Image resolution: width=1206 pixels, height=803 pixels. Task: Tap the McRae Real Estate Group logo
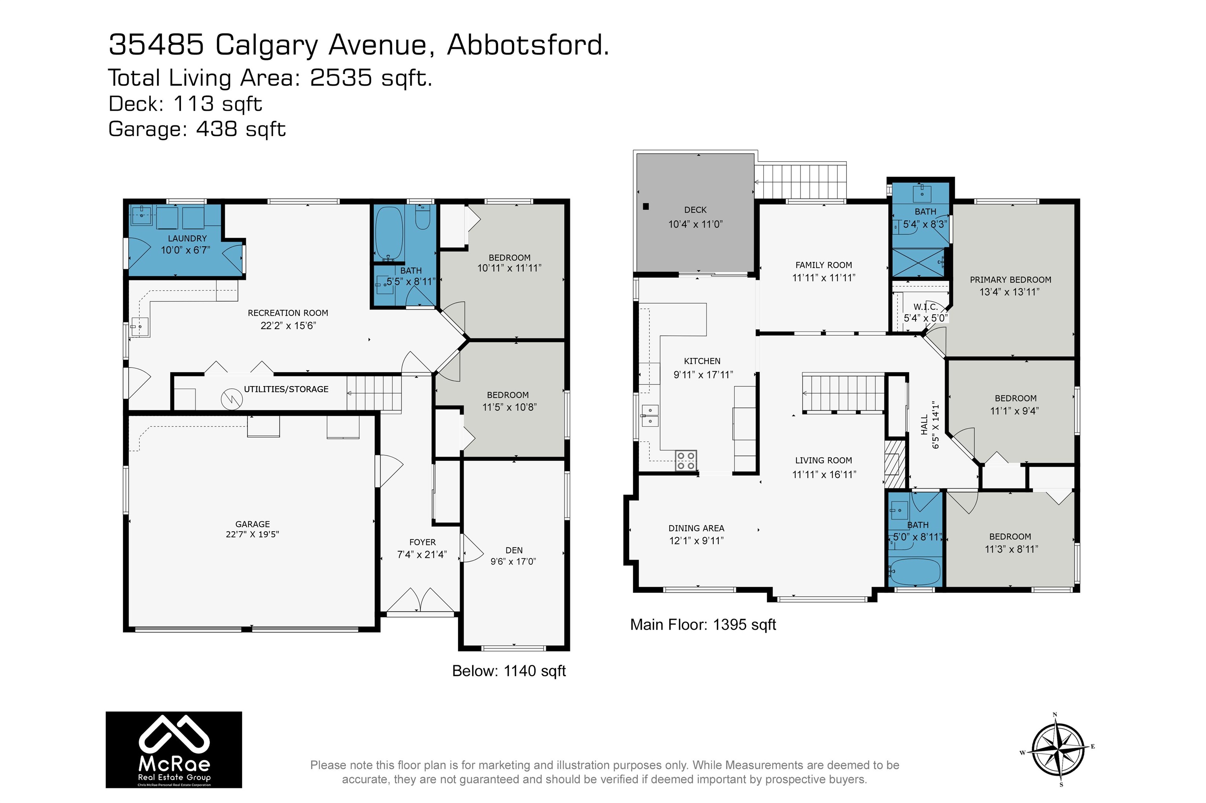tap(174, 749)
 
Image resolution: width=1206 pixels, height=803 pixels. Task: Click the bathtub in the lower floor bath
tap(389, 233)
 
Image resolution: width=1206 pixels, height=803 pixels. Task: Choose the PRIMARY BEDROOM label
tap(1010, 280)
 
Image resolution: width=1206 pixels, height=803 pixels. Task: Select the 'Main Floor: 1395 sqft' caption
tap(703, 624)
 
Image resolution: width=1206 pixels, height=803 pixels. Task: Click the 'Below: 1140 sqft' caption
tap(508, 670)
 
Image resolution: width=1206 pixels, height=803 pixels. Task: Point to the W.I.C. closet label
tap(926, 307)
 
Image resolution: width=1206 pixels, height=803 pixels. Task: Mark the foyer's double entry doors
tap(420, 600)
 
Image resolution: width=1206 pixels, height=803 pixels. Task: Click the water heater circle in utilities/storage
tap(231, 399)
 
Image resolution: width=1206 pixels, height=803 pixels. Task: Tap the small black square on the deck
tap(646, 206)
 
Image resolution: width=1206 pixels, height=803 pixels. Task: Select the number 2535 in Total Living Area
tap(341, 78)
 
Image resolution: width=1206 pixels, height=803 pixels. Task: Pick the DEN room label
tap(513, 550)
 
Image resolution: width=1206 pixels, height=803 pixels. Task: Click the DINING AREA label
tap(696, 528)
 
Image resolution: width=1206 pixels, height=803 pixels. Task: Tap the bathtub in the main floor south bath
tap(916, 572)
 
